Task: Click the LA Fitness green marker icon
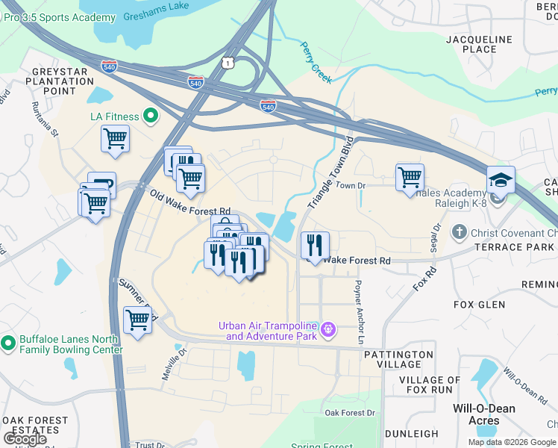[x=150, y=116]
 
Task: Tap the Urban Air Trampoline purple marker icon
[x=327, y=329]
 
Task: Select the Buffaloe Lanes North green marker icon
[x=8, y=344]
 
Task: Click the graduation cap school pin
[x=501, y=180]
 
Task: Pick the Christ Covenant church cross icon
[x=460, y=232]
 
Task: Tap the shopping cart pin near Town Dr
[x=410, y=178]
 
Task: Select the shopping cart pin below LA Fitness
[x=116, y=139]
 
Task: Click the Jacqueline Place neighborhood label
[x=479, y=44]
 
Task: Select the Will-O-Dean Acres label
[x=477, y=414]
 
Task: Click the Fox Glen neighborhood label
[x=479, y=305]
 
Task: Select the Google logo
[x=25, y=439]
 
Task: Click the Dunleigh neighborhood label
[x=411, y=434]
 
